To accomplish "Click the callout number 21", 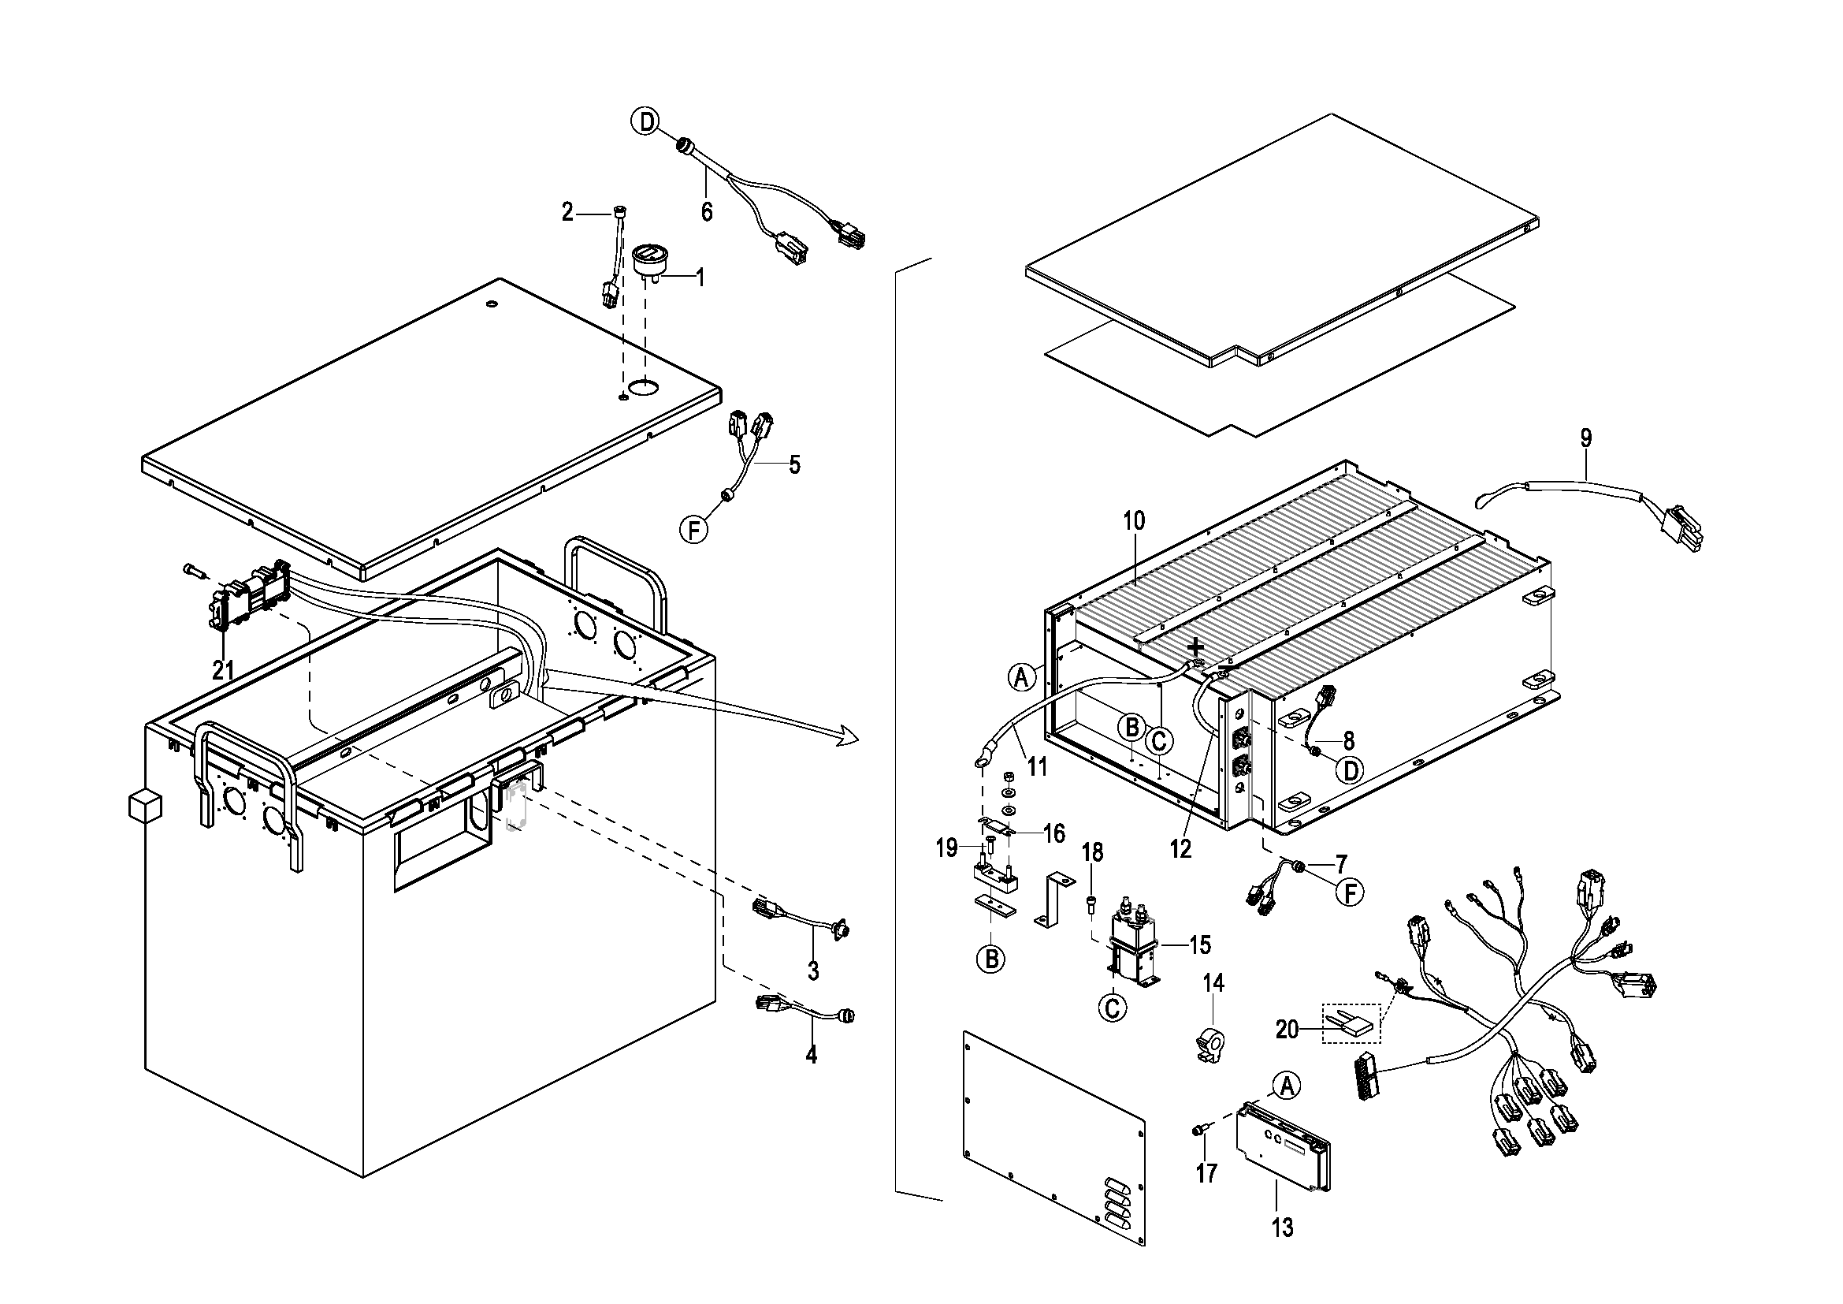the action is point(222,669).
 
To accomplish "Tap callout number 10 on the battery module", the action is point(1133,520).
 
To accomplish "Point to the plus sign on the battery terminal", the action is point(1195,646).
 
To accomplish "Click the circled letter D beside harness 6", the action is point(645,122).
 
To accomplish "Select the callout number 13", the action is point(1282,1227).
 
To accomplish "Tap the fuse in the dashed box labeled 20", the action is point(1351,1024).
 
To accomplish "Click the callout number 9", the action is point(1586,438).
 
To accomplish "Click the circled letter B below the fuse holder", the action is point(991,958).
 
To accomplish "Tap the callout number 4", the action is point(812,1054).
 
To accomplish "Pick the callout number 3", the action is point(813,970).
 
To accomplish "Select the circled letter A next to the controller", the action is point(1286,1086).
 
